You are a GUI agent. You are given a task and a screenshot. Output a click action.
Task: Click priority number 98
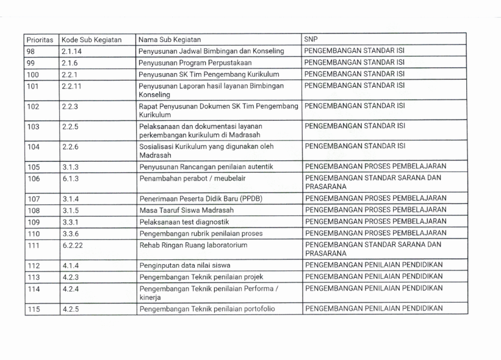32,51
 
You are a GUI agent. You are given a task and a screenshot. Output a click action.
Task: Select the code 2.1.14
71,51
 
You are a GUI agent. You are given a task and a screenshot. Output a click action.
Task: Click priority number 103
34,126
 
